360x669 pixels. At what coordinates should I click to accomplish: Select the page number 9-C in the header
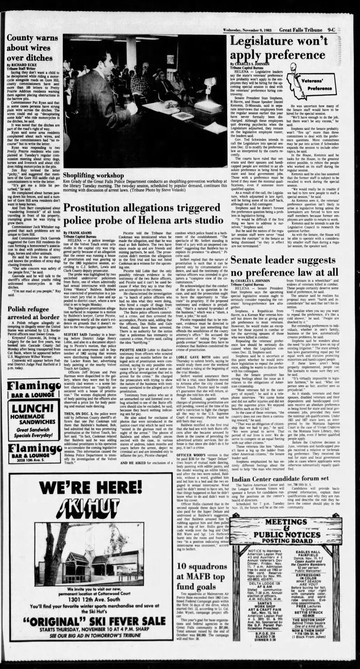(x=331, y=30)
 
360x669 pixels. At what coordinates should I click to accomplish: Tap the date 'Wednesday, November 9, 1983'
(x=247, y=30)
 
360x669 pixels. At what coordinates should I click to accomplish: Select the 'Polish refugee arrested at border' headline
(x=33, y=313)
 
